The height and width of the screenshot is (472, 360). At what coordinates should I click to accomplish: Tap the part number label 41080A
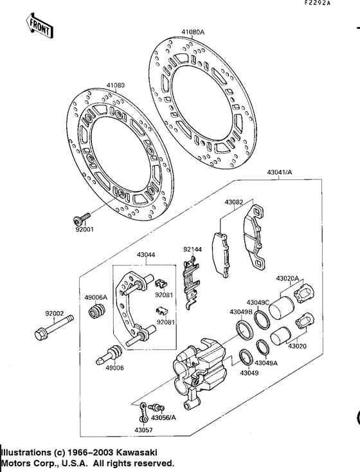[192, 32]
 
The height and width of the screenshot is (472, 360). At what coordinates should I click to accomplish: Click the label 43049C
[258, 302]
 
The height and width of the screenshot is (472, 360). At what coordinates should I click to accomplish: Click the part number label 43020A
[287, 278]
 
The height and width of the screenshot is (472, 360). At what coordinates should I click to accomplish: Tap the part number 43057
[143, 430]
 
